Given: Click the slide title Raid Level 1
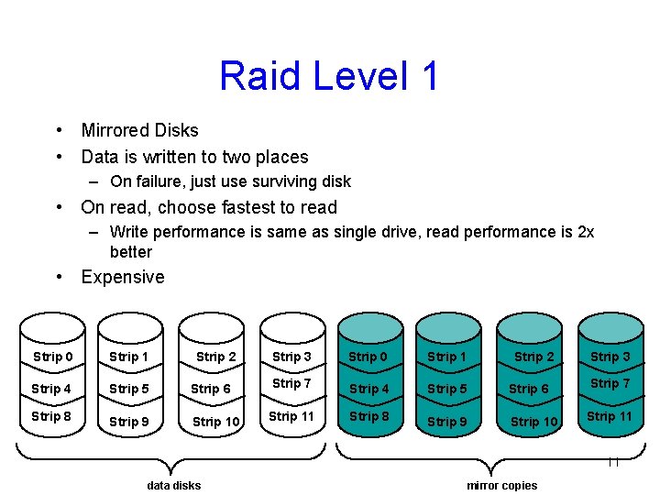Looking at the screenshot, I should (x=329, y=76).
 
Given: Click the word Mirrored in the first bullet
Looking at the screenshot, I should (x=114, y=130).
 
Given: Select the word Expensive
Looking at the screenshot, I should (x=123, y=277).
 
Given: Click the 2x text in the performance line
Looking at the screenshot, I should (x=586, y=232).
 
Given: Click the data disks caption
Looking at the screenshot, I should (x=173, y=485).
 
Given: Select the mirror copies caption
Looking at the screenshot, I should (x=501, y=485).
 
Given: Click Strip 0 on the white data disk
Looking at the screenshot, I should (x=52, y=357).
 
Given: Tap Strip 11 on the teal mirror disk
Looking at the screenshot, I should (x=610, y=416).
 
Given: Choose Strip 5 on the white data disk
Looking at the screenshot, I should (x=128, y=389).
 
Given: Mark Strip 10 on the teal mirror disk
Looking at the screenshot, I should (x=533, y=422).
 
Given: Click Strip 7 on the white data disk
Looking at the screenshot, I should (x=291, y=383).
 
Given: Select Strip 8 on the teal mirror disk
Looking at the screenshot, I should (x=369, y=416).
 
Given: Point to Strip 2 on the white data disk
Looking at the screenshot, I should (x=215, y=357).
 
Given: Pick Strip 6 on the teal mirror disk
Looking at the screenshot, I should (x=529, y=389).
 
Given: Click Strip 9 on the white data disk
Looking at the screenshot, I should (x=128, y=422).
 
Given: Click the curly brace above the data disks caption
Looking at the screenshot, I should (x=173, y=456).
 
